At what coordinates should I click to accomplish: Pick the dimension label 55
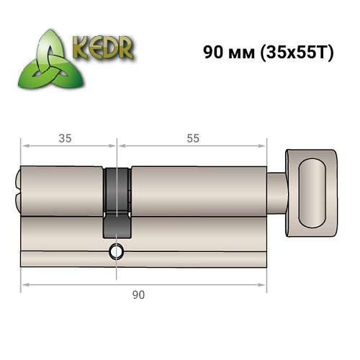click(192, 138)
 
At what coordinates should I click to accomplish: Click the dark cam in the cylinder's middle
click(117, 202)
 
